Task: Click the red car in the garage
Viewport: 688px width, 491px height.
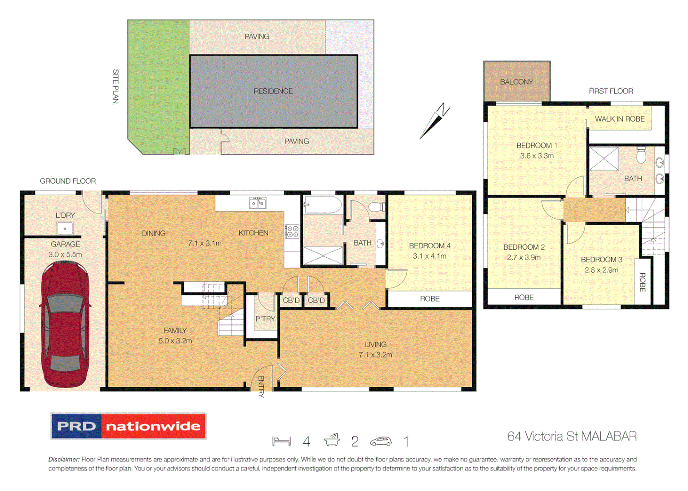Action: pos(65,324)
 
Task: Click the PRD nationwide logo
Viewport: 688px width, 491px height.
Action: pos(129,426)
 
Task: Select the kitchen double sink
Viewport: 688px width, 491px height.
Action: pos(258,203)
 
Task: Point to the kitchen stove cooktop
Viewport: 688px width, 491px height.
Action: pos(292,231)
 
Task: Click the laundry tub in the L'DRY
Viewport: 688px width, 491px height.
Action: pos(65,228)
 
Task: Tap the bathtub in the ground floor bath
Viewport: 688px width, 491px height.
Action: pos(323,205)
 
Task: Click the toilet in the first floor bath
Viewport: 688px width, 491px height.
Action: pos(641,155)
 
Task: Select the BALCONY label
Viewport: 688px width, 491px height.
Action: pos(516,82)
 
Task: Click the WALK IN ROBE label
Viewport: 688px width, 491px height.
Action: pos(619,119)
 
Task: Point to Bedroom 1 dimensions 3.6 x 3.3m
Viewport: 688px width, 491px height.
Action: pos(537,156)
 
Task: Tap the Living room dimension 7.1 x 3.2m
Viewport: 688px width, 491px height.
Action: pos(375,355)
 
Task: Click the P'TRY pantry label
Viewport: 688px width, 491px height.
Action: pos(265,319)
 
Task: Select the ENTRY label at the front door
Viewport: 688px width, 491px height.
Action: pos(261,386)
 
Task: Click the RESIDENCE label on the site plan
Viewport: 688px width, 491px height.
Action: pos(273,91)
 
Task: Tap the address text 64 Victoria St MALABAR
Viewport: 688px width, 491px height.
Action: pos(572,436)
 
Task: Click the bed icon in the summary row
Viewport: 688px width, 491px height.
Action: pos(281,441)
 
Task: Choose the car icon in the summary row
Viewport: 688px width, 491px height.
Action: pos(381,441)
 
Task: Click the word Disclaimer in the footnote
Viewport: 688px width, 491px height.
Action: pos(64,460)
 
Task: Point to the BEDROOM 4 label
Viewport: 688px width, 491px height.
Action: pos(429,246)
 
